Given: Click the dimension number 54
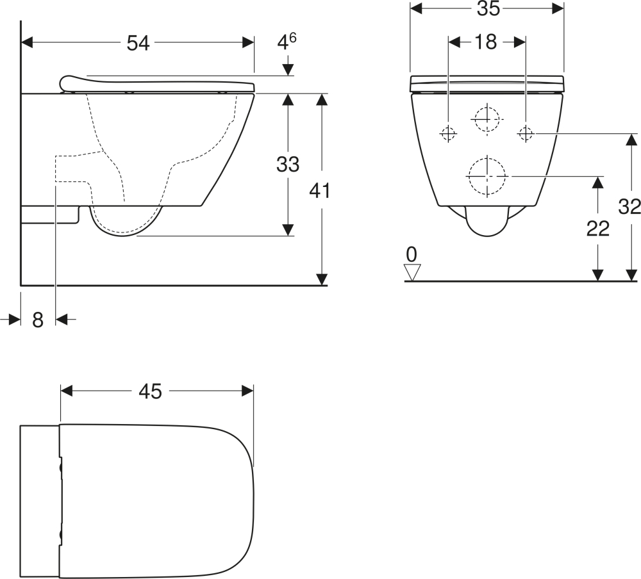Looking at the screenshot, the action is point(138,43).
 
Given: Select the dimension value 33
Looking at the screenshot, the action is point(288,164).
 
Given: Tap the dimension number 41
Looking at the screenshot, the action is point(319,190).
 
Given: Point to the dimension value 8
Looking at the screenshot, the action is point(38,320).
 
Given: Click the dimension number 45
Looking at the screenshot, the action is point(151,391).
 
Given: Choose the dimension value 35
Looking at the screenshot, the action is point(488,8).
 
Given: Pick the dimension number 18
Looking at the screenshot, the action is point(486,42).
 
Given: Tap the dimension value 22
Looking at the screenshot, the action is point(598,229).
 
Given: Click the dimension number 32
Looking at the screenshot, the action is point(629,207).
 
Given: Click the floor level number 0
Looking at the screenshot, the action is point(412,255).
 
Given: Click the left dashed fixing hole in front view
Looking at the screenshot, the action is point(449,133).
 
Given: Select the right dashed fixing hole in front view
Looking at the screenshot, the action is point(526,133).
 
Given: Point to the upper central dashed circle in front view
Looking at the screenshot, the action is point(487,119).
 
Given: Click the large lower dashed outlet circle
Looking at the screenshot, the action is point(487,176).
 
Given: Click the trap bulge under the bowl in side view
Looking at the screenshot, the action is point(126,221).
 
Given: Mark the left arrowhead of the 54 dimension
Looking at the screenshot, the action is point(27,42).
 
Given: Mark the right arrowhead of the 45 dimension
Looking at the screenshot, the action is point(247,391).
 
